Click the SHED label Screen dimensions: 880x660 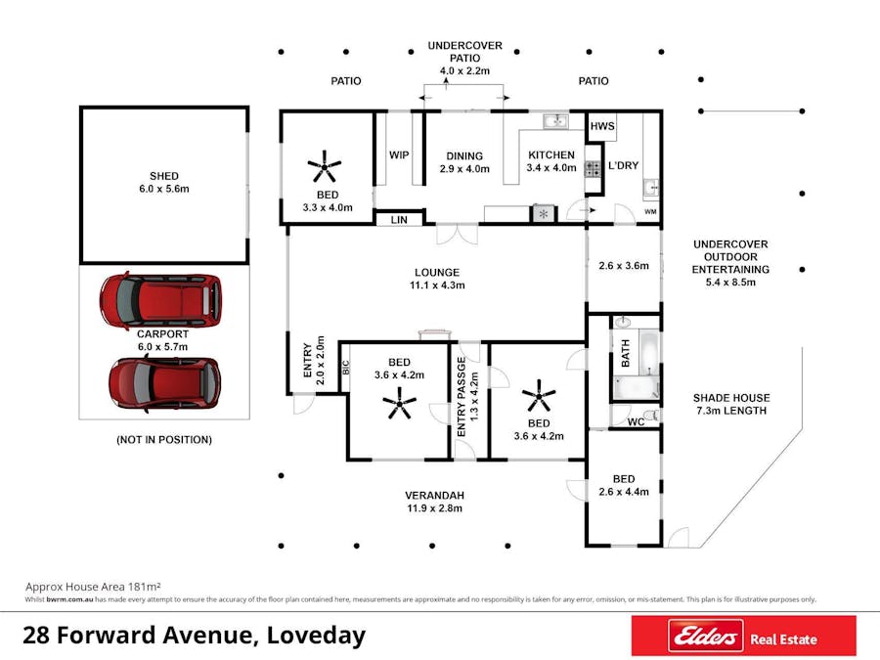(164, 176)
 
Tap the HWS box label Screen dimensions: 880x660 (602, 126)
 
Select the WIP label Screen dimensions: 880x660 (399, 154)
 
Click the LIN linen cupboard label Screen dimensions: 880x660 (399, 219)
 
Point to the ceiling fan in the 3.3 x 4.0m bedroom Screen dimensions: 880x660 (325, 166)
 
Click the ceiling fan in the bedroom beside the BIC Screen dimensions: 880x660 (400, 404)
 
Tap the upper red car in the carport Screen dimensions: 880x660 (160, 300)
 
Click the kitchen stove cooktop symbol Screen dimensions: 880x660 (593, 169)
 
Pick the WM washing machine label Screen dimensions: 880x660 (650, 211)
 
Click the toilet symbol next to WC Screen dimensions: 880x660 (651, 416)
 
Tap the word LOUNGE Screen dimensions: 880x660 (437, 273)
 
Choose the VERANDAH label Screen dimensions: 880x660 (435, 496)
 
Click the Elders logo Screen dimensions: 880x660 (705, 637)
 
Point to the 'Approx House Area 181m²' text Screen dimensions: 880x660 (93, 587)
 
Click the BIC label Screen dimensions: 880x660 (346, 368)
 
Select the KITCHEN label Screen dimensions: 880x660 (551, 154)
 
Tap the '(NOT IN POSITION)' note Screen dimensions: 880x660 (164, 440)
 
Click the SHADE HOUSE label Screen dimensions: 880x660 (731, 398)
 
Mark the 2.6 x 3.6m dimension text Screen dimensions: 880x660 (624, 265)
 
